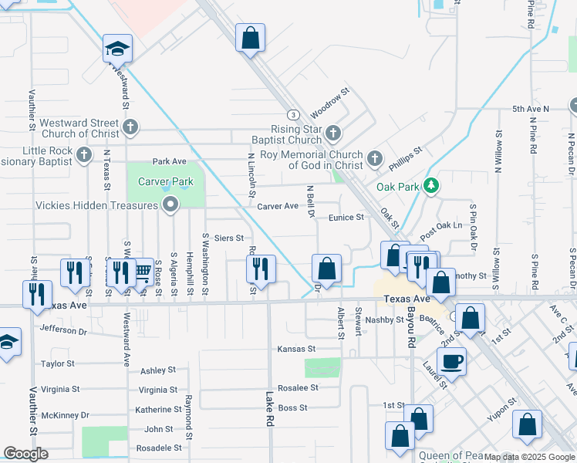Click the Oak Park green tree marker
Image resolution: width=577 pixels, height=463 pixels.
(x=432, y=186)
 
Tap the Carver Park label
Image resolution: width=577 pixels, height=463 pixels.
(x=165, y=182)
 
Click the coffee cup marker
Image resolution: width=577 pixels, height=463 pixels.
(x=451, y=360)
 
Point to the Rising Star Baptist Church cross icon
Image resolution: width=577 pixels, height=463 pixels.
(x=333, y=133)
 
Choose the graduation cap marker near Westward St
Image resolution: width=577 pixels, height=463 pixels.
(x=117, y=49)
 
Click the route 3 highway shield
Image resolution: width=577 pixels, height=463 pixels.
(x=293, y=113)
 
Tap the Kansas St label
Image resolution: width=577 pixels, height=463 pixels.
(x=297, y=349)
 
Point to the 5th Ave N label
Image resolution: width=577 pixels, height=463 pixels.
(x=531, y=110)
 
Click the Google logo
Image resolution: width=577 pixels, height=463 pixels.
(x=26, y=454)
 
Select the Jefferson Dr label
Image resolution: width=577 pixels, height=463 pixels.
(x=65, y=330)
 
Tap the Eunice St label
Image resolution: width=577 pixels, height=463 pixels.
(x=346, y=218)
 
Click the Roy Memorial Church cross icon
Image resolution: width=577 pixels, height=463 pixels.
(x=375, y=159)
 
